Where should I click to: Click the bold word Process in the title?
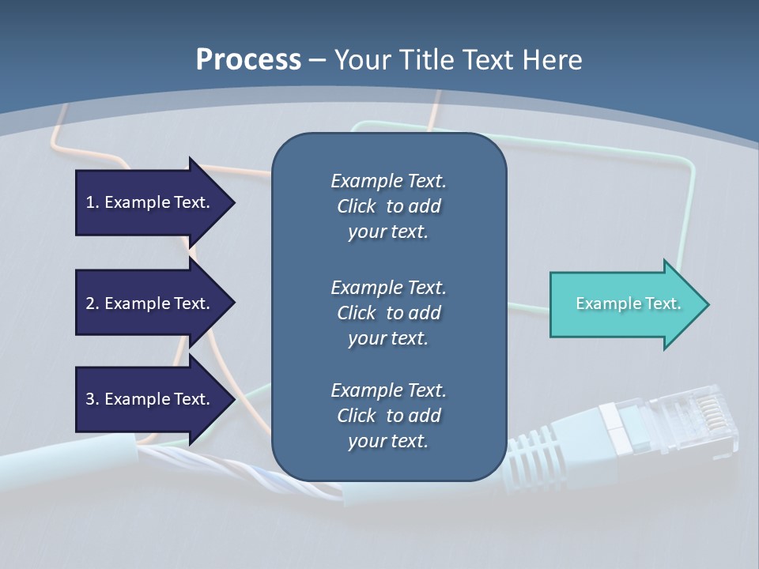pos(248,59)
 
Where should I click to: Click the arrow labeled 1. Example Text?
pos(150,202)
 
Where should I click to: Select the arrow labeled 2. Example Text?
pos(150,303)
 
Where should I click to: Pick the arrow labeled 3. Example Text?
pos(150,399)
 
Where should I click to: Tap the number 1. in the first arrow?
pos(93,202)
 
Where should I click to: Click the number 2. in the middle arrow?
pos(93,303)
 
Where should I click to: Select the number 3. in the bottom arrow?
pos(93,399)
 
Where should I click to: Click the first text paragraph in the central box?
pos(388,206)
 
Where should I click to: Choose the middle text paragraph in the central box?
pos(388,313)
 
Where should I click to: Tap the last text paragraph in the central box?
pos(388,416)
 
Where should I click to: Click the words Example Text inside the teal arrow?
pos(628,303)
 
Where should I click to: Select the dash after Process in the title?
pos(317,60)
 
